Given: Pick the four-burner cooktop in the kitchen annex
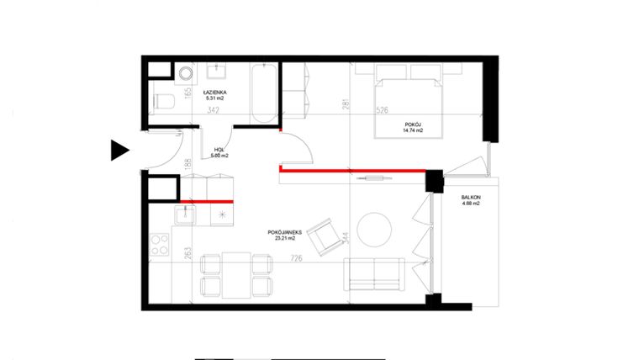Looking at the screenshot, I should (x=158, y=247).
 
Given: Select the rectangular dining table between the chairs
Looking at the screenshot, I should (x=236, y=274).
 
